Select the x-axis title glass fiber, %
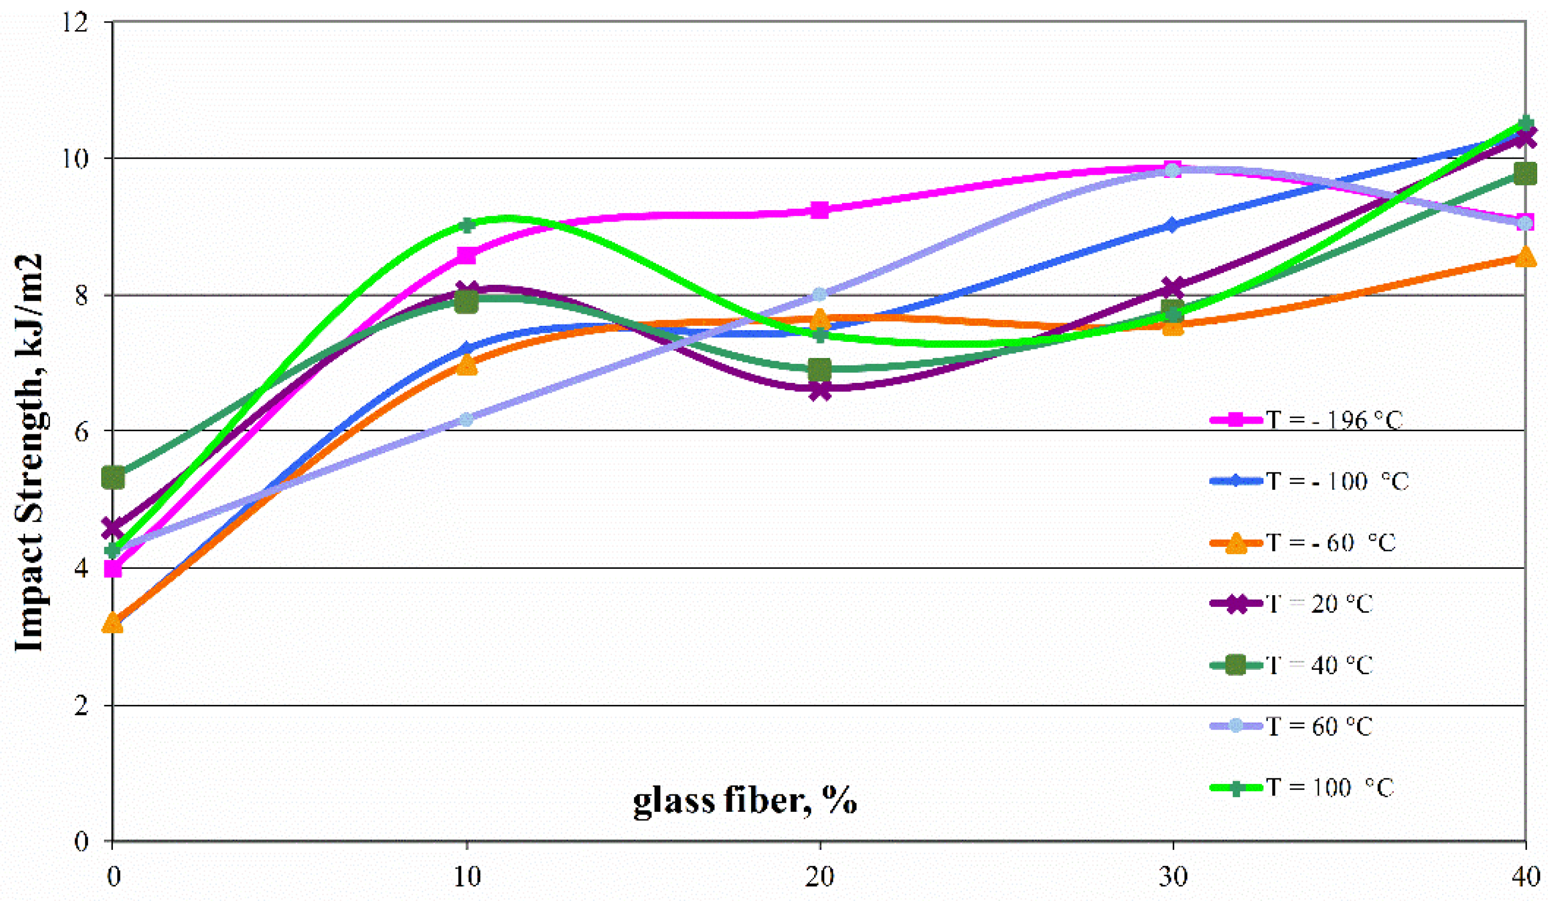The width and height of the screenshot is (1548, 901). coord(745,801)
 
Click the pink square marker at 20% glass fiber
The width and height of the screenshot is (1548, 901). coord(820,210)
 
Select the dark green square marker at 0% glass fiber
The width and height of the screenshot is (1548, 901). coord(113,477)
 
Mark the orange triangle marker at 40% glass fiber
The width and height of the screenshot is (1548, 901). coord(1525,257)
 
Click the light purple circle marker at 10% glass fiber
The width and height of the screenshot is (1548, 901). coord(466,419)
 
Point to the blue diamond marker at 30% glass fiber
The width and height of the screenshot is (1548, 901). coord(1173,225)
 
